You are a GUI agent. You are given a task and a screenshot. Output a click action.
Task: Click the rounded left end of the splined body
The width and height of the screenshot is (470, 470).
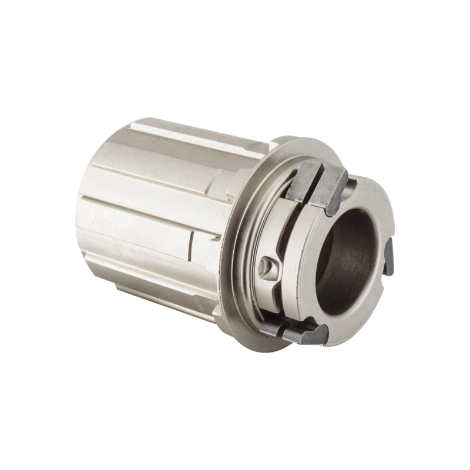[x=88, y=194]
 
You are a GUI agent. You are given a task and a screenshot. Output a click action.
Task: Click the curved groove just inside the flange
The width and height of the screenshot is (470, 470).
[x=241, y=258]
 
